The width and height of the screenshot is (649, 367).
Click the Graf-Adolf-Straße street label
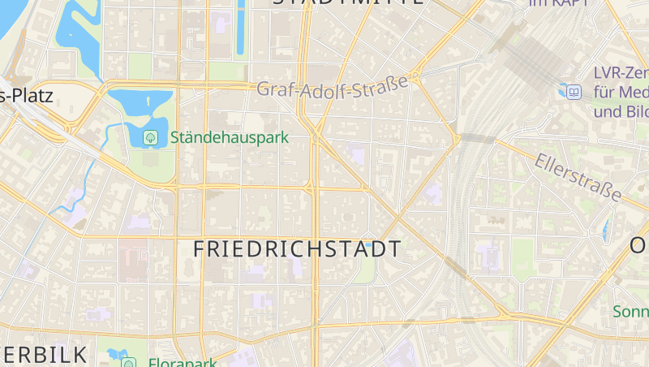[x=333, y=86]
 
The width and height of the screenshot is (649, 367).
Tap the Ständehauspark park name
[x=230, y=138]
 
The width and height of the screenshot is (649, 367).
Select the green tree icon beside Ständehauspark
[x=150, y=137]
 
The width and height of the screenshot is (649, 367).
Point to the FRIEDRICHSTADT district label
[x=297, y=249]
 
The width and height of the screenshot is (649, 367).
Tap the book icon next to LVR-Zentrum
[x=574, y=92]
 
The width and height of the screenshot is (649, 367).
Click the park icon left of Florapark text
[x=127, y=362]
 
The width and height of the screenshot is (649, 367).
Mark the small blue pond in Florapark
[x=113, y=353]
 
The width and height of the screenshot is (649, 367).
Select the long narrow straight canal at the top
[x=241, y=28]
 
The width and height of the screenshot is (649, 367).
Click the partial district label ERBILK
[x=45, y=355]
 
